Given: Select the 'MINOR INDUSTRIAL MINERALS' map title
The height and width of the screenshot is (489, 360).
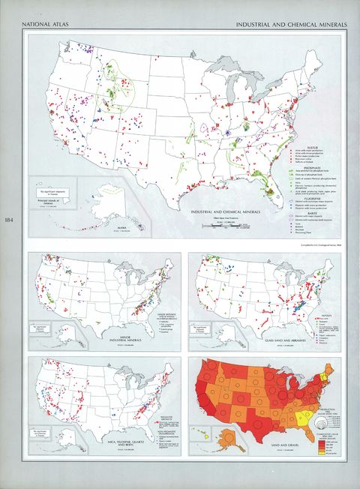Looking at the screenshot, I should point(129,339).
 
